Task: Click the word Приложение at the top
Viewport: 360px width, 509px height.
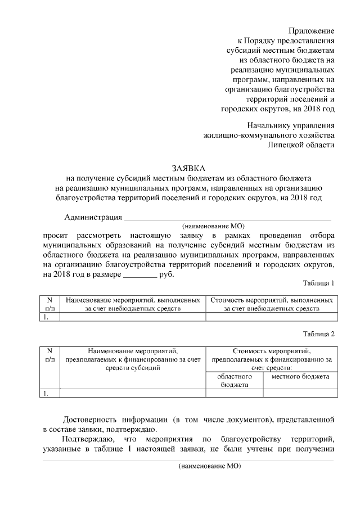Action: point(312,30)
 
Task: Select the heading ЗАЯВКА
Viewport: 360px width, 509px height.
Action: point(188,168)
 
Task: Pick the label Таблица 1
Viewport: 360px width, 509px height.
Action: point(318,283)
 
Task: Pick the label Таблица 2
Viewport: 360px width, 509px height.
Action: point(318,334)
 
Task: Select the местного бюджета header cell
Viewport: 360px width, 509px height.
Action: point(300,376)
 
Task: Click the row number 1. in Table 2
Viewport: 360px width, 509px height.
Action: point(47,393)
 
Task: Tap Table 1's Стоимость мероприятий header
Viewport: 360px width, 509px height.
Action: point(272,304)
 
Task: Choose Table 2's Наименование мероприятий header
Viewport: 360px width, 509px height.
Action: point(133,359)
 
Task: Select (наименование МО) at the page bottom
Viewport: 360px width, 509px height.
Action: point(209,466)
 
